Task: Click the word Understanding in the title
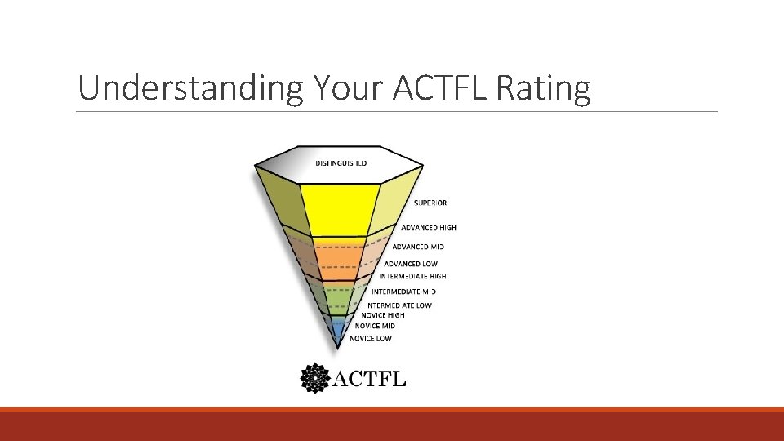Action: point(189,88)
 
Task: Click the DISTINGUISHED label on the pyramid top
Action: point(341,163)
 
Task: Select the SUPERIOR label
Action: point(430,203)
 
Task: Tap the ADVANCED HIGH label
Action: point(429,228)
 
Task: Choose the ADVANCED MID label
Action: point(418,247)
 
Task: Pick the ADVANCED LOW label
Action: point(412,264)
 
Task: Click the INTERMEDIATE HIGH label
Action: point(412,277)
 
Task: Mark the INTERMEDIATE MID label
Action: point(403,292)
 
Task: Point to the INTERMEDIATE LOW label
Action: point(399,305)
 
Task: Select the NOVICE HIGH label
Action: point(383,315)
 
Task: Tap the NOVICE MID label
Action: point(375,326)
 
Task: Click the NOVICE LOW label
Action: point(371,338)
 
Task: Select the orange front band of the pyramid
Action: point(338,260)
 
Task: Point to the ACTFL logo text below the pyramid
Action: point(368,379)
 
